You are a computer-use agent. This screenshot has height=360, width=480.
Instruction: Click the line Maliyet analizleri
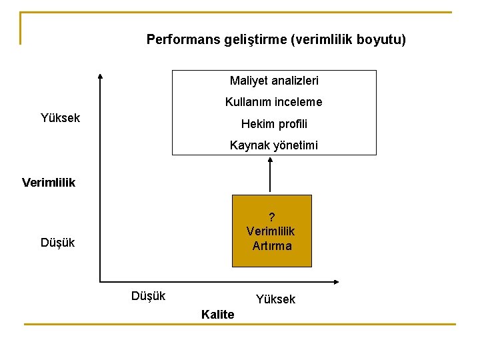[x=274, y=81]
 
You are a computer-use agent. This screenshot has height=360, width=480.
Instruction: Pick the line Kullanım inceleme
[x=273, y=102]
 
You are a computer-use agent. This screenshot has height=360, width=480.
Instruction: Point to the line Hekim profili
[x=274, y=124]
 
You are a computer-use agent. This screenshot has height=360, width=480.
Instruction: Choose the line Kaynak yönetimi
[x=274, y=145]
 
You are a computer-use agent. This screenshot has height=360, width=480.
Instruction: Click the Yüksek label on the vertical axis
[x=60, y=118]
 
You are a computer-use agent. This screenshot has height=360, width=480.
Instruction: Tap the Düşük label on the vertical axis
[x=57, y=243]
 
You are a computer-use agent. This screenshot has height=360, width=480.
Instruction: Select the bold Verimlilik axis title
[x=49, y=182]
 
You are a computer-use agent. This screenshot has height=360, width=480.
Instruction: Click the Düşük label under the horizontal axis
[x=148, y=295]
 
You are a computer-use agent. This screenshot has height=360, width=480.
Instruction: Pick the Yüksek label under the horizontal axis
[x=275, y=299]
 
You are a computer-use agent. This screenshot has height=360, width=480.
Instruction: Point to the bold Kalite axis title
[x=217, y=315]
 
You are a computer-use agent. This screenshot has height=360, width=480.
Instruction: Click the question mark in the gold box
[x=271, y=217]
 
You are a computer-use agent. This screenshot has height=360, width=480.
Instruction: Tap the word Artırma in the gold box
[x=272, y=246]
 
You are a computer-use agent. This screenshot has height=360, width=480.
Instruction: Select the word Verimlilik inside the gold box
[x=271, y=231]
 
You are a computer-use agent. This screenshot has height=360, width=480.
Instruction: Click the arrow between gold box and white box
[x=271, y=175]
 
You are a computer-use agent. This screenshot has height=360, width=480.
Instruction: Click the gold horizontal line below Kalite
[x=240, y=325]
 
